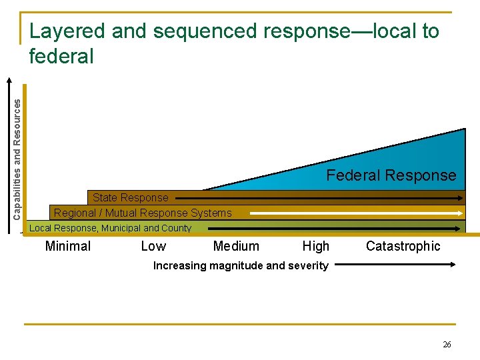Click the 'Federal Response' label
pos(391,175)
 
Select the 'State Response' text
pos(130,197)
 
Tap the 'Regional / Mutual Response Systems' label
pos(143,213)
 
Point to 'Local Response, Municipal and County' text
pos(111,228)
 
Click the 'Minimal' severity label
pos(67,246)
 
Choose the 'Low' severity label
pos(153,246)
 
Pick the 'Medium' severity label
pos(236,246)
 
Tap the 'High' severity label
pos(316,246)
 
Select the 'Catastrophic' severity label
pos(403,246)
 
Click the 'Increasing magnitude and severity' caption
pos(241,265)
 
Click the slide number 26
pos(447,345)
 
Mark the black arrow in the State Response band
pos(320,198)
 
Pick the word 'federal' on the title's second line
pos(61,57)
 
